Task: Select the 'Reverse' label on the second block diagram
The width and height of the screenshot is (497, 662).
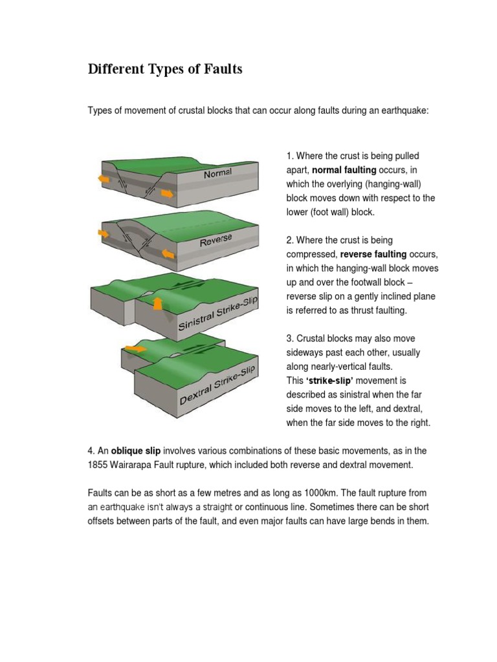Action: click(215, 241)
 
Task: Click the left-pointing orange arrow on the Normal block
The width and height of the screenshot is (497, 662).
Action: click(103, 178)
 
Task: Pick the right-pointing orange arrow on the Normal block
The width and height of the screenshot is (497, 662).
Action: click(166, 193)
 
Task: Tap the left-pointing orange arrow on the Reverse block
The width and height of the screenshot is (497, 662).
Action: click(104, 233)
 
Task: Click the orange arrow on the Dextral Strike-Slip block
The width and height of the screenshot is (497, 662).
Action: click(135, 348)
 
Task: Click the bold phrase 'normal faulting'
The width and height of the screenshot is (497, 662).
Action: click(344, 170)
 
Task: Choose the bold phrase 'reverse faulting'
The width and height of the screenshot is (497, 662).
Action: click(373, 254)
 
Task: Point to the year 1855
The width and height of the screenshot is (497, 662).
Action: click(98, 465)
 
